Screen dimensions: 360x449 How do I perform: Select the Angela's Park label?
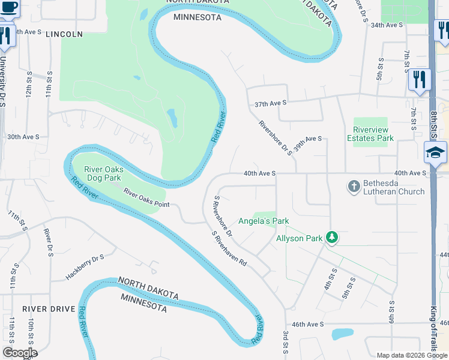coord(264,221)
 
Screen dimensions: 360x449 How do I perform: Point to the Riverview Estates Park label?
coord(370,134)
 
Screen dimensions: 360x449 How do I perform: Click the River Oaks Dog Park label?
coord(103,174)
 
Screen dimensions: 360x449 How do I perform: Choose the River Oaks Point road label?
coord(147,198)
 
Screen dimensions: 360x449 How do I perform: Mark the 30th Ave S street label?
coord(23,137)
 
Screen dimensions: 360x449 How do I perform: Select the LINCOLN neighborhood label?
coord(63,34)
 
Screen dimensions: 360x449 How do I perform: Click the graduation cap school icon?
coord(435,153)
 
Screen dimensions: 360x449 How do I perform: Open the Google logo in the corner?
coord(20,353)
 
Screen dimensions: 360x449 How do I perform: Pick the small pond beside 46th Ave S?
coord(342,334)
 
